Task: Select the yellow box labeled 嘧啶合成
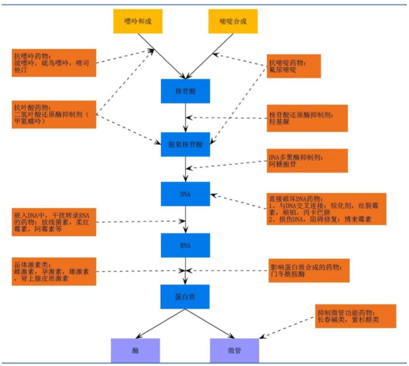[233, 21]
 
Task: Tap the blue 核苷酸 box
[185, 91]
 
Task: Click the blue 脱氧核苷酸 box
[185, 145]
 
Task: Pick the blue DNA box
[185, 194]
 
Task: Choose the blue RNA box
[185, 245]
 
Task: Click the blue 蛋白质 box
[185, 297]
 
